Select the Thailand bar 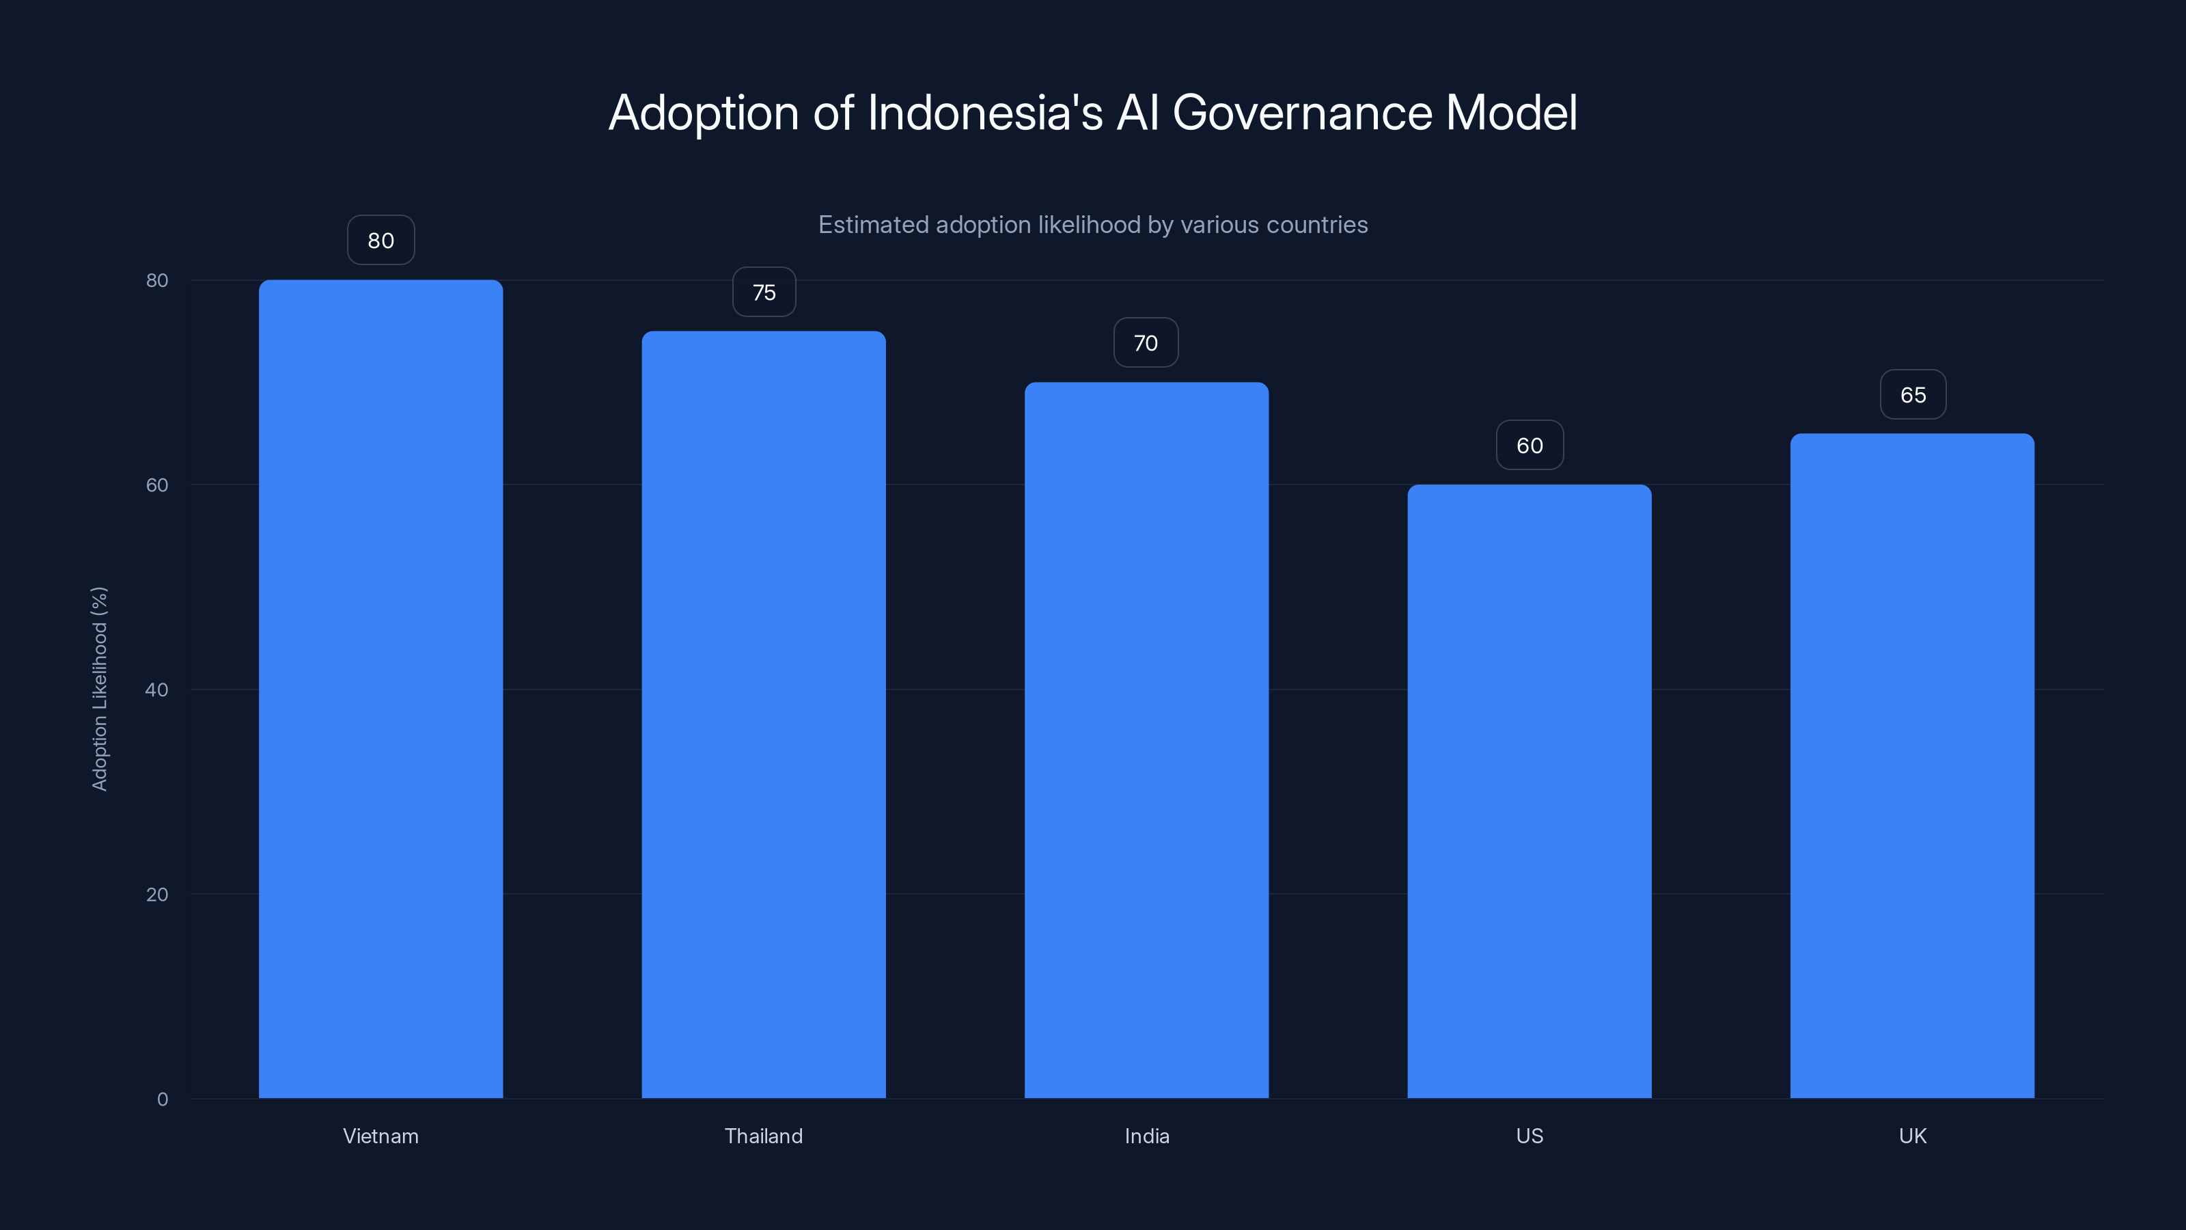point(763,714)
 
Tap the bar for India point(1146,739)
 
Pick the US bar point(1530,791)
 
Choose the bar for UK point(1912,765)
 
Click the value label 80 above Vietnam point(381,241)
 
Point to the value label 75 point(764,292)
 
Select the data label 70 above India point(1146,343)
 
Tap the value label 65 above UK point(1913,395)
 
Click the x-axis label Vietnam point(381,1136)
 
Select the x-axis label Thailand point(763,1136)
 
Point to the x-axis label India point(1146,1136)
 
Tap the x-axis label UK point(1912,1136)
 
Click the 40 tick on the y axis point(157,689)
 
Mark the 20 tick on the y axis point(157,894)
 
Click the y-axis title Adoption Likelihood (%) point(99,688)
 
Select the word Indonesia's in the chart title point(984,113)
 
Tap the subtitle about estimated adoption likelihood point(1092,225)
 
